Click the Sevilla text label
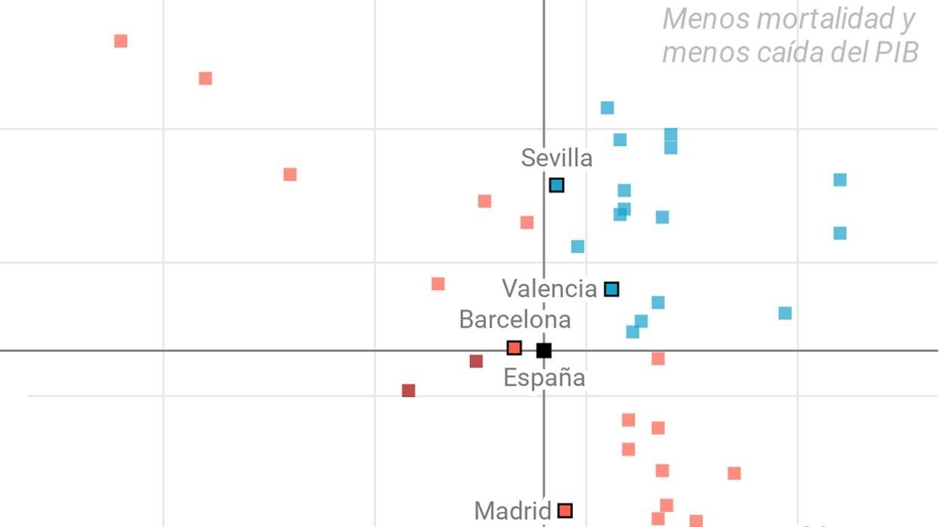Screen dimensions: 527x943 coord(556,159)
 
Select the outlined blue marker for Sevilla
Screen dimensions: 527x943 coord(557,185)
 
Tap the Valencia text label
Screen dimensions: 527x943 coord(549,288)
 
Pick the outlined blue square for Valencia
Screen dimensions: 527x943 coord(612,289)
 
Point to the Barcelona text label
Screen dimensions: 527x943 coord(515,319)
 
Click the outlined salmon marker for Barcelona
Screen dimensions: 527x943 coord(515,348)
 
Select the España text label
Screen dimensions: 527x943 coord(544,378)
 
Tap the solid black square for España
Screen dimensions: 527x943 coord(544,350)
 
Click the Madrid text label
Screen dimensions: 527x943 coord(512,511)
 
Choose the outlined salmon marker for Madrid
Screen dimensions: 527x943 coord(565,511)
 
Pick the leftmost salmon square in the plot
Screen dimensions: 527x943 coord(121,41)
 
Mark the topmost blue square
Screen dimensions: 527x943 coord(608,108)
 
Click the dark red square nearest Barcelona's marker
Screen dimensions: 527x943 coord(476,362)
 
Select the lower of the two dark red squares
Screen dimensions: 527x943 coord(409,391)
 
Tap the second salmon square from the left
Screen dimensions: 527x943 coord(206,79)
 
